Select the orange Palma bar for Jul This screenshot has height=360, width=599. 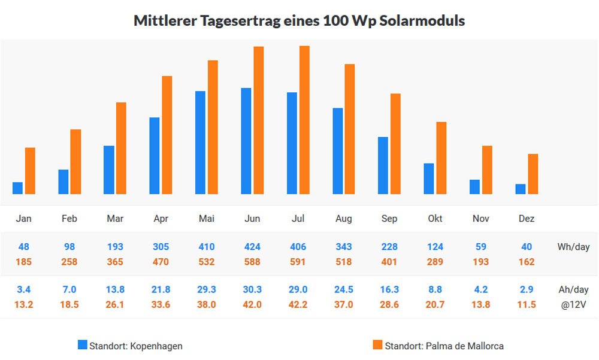coord(304,120)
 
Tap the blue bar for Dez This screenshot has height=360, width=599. coord(521,189)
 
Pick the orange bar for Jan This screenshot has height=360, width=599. coord(30,171)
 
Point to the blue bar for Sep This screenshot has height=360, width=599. coord(383,165)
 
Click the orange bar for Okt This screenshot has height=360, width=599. coord(441,158)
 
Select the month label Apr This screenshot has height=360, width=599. coord(161,219)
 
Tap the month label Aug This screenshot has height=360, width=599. coord(344,219)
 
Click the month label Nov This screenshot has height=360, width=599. coord(481,219)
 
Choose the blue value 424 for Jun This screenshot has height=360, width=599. coord(252,247)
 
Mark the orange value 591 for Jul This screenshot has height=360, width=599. coord(298,262)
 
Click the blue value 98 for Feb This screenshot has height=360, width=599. coord(69,247)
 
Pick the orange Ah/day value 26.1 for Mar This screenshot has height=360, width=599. coord(115,304)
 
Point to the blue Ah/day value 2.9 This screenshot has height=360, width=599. coord(527,289)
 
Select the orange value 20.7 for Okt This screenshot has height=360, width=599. coord(435,304)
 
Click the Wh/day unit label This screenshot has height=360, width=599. coord(573,247)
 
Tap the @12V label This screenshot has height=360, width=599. coord(574,304)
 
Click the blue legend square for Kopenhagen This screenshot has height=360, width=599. coord(83,344)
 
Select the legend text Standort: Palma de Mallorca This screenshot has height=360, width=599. coord(444,346)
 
